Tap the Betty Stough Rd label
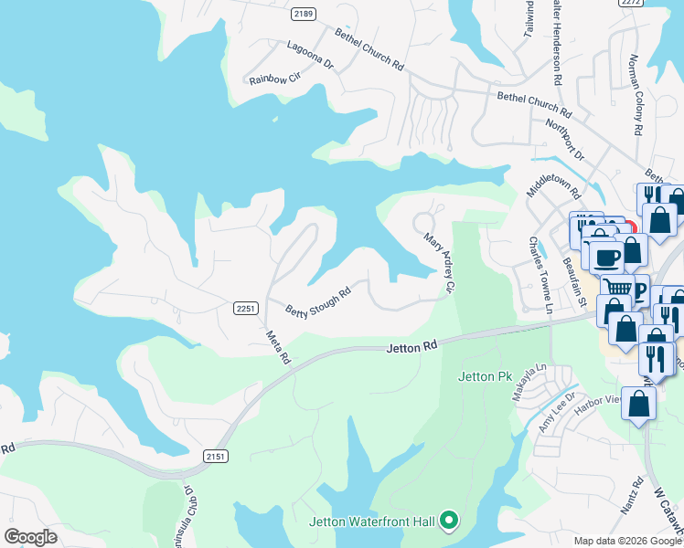point(318,304)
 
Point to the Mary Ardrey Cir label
point(439,263)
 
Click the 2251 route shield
point(245,308)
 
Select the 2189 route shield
point(304,14)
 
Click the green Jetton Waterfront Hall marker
point(448,522)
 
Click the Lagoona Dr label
point(310,58)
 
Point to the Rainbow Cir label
point(275,79)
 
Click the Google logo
point(30,537)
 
